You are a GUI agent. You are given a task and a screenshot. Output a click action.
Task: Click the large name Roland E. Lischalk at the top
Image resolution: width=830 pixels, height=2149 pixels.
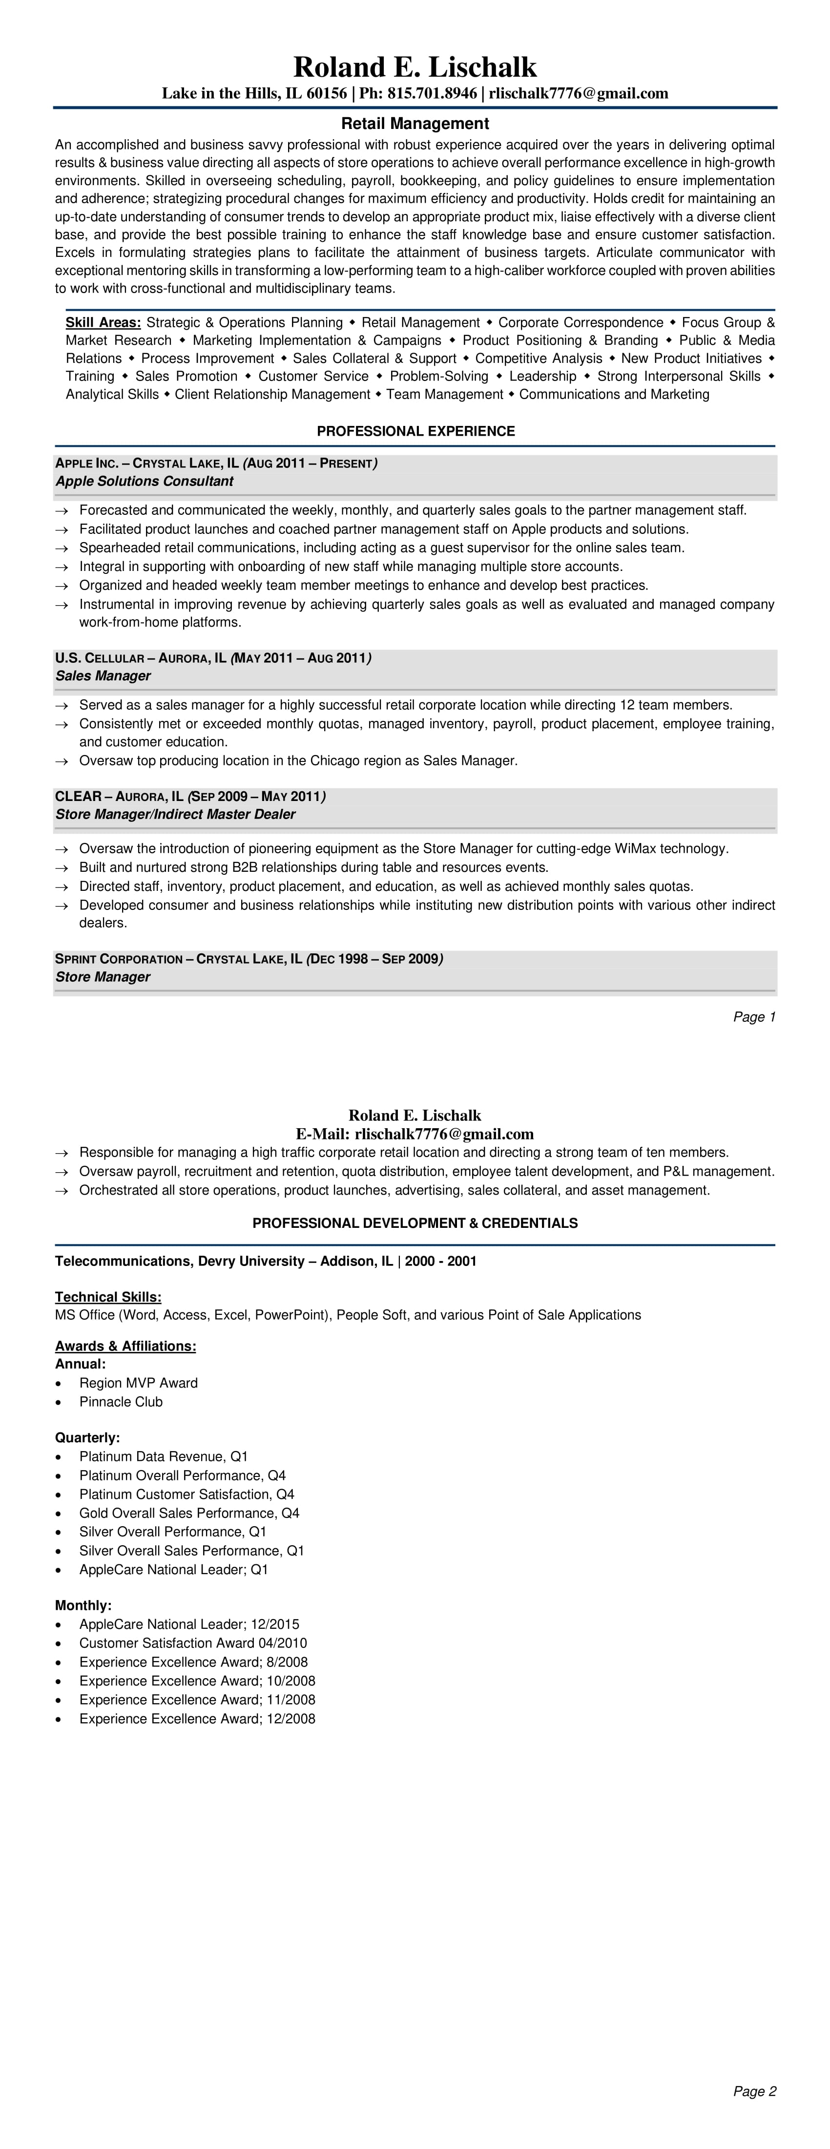pos(415,67)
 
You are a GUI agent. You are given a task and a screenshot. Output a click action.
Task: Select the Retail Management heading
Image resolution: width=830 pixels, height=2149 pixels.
pos(415,124)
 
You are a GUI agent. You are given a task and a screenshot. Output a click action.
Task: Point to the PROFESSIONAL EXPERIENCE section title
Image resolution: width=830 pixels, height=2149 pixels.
pos(415,431)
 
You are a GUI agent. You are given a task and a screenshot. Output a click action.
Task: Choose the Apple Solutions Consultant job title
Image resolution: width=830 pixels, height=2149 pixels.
pos(145,482)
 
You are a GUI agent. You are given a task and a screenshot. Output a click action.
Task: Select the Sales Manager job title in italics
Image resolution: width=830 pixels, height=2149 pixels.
pos(103,676)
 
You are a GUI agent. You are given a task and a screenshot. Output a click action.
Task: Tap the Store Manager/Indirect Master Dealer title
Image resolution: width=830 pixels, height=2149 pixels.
pos(175,814)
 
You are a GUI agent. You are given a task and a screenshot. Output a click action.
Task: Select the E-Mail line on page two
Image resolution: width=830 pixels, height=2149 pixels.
pos(415,1134)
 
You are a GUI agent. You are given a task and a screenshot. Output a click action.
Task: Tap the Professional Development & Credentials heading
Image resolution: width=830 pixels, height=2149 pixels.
pos(415,1223)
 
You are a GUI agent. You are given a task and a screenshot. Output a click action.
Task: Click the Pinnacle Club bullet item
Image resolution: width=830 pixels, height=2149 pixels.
pos(121,1402)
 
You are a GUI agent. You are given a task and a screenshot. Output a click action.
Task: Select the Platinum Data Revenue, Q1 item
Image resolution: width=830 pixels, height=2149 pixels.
pos(164,1456)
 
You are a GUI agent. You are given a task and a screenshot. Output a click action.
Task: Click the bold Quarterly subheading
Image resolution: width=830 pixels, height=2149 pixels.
pos(87,1437)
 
